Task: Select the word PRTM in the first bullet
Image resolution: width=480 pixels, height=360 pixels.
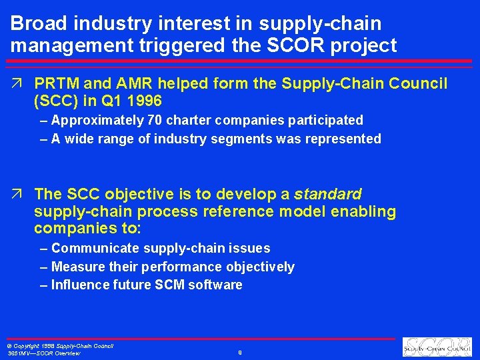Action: click(57, 83)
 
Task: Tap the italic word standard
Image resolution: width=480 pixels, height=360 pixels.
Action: click(327, 194)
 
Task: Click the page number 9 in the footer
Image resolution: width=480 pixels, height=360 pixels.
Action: click(239, 352)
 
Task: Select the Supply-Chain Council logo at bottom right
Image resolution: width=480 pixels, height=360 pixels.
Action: click(437, 347)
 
